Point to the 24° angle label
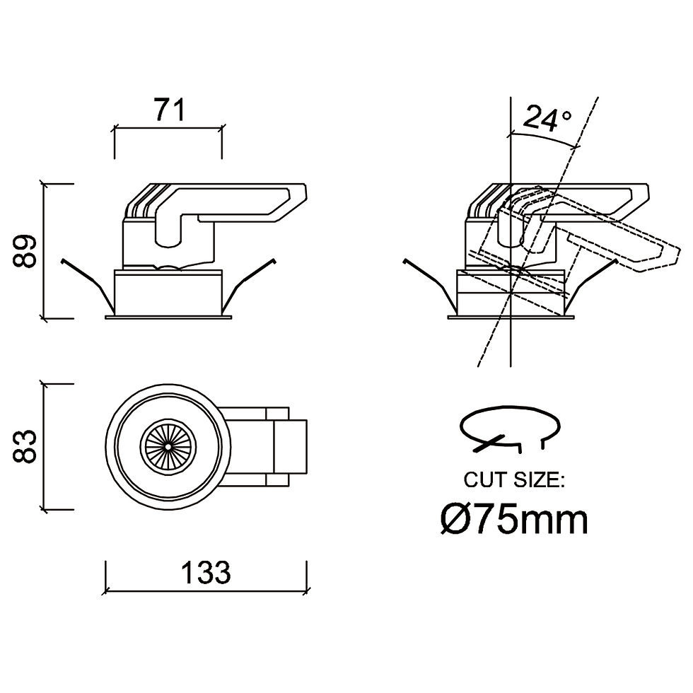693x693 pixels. (547, 118)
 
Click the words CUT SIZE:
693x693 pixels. (514, 479)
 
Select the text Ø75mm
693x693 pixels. (515, 520)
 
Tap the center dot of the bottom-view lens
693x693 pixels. (168, 446)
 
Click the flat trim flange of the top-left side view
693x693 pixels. (168, 317)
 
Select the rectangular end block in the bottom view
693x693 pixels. (290, 446)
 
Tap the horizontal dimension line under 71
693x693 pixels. (168, 129)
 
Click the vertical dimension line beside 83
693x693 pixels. (43, 446)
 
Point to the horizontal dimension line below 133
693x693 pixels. (206, 590)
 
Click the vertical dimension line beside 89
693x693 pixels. (43, 250)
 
